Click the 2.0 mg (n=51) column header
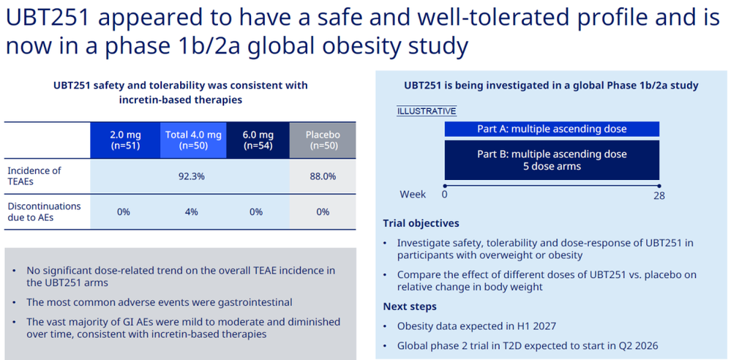tap(125, 140)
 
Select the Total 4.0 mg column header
tap(192, 140)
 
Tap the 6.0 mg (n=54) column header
tap(258, 140)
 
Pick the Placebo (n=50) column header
tap(323, 140)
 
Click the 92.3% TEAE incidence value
tap(190, 177)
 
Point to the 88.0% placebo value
tap(323, 177)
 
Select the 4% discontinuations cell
tap(191, 211)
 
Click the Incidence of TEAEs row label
tap(34, 176)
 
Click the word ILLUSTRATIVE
tap(426, 111)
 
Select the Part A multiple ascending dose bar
tap(552, 130)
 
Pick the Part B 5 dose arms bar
tap(552, 160)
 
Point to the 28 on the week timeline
tap(659, 195)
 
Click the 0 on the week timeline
tap(444, 194)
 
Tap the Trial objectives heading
tap(421, 223)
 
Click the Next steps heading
tap(410, 307)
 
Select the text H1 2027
tap(536, 326)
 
